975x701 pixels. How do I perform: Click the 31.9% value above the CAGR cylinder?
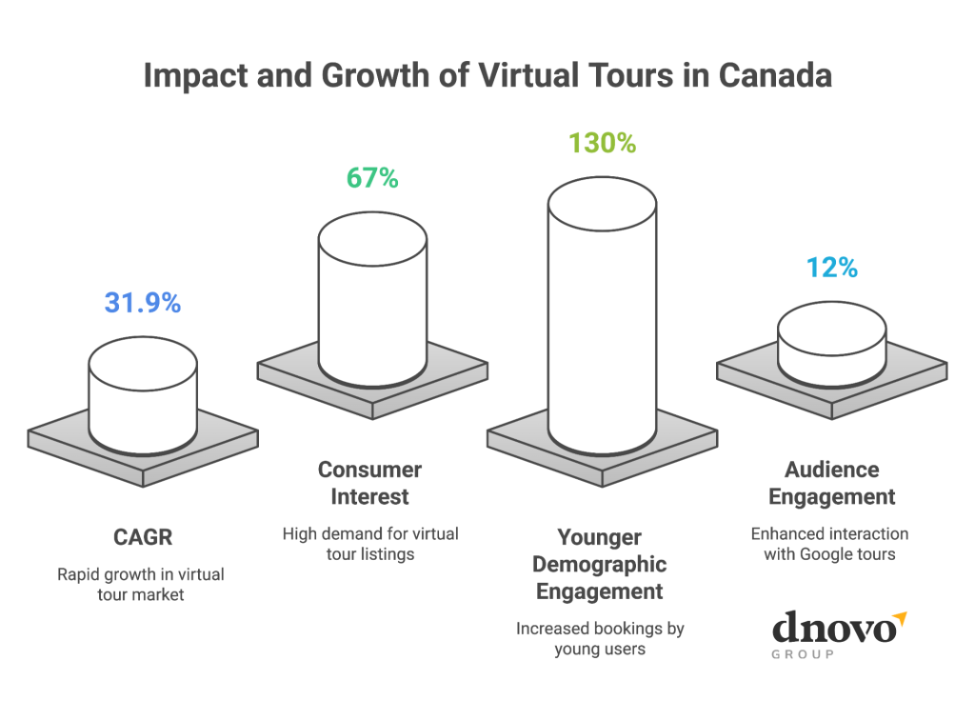[142, 303]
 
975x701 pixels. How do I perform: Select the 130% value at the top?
[602, 143]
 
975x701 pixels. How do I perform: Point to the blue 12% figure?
[831, 269]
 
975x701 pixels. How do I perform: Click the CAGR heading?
[143, 537]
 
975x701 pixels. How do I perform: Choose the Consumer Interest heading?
[369, 483]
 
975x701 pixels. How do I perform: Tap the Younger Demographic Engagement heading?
[600, 564]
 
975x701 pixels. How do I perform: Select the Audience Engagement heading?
[832, 483]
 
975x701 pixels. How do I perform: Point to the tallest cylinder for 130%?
[602, 314]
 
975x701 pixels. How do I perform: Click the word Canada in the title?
[775, 75]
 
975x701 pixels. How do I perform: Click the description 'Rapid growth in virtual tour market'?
[143, 585]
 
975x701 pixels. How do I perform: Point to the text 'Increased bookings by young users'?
[600, 639]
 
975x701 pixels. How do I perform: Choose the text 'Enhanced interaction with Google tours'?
[830, 544]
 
